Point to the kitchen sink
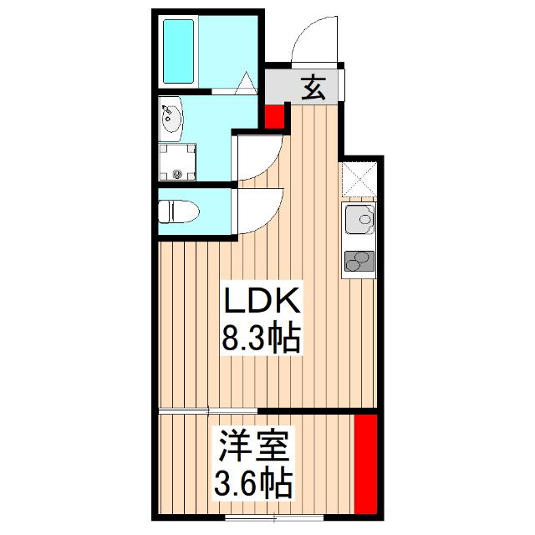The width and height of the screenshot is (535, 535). coord(360,222)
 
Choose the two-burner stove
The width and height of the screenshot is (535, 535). coord(360,262)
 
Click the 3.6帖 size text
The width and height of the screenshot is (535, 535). coord(255,483)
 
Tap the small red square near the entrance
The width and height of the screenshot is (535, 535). coord(274,116)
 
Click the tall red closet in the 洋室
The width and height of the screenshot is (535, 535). coord(365,466)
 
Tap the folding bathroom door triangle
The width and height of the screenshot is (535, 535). coord(246,84)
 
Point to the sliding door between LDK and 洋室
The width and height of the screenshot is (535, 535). coord(209,410)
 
